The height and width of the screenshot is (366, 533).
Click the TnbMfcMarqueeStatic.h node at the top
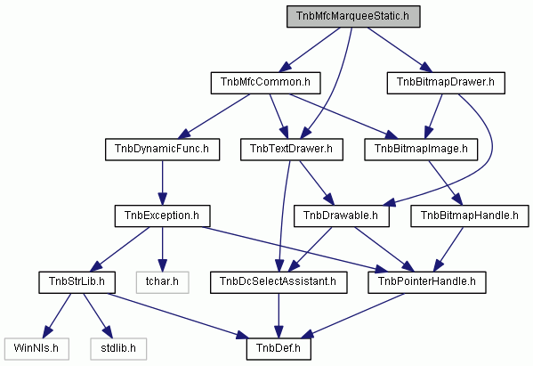click(x=353, y=16)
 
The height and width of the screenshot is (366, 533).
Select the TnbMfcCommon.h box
click(x=265, y=83)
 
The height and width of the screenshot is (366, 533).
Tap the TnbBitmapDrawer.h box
click(x=446, y=83)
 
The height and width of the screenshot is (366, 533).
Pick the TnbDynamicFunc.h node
click(x=162, y=150)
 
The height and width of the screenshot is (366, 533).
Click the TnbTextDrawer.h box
click(x=291, y=150)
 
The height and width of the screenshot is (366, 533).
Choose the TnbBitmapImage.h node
click(x=421, y=150)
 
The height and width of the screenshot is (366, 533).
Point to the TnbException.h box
click(x=162, y=216)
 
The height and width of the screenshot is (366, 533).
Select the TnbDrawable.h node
click(x=342, y=216)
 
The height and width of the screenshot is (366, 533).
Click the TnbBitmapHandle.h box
click(x=470, y=216)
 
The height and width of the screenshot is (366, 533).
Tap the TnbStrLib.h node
click(x=77, y=282)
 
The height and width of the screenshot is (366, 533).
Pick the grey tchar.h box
click(x=162, y=282)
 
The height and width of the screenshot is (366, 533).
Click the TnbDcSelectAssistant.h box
click(x=279, y=282)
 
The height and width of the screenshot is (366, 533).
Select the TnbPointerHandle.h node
click(x=426, y=282)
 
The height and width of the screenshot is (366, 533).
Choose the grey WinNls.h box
click(x=36, y=349)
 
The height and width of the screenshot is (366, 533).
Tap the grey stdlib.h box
click(x=118, y=349)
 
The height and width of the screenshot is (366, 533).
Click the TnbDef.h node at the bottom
click(x=279, y=349)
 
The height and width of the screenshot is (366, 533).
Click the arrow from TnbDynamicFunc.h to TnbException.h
click(x=162, y=183)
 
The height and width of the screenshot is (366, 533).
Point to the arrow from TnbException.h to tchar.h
click(x=162, y=249)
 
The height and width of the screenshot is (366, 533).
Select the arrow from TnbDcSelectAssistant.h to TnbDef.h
click(x=279, y=315)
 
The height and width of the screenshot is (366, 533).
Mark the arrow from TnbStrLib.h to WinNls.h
click(x=57, y=315)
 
